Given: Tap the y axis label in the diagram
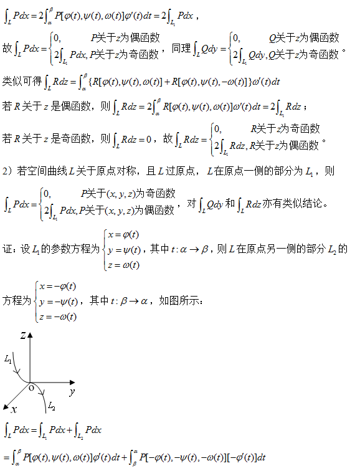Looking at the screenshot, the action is (x=72, y=392).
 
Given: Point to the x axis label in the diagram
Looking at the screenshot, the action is (x=14, y=408).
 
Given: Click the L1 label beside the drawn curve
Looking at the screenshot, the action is (x=8, y=359).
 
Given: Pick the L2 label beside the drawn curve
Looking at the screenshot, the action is (x=52, y=406).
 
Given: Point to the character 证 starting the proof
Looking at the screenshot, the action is (x=7, y=249).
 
